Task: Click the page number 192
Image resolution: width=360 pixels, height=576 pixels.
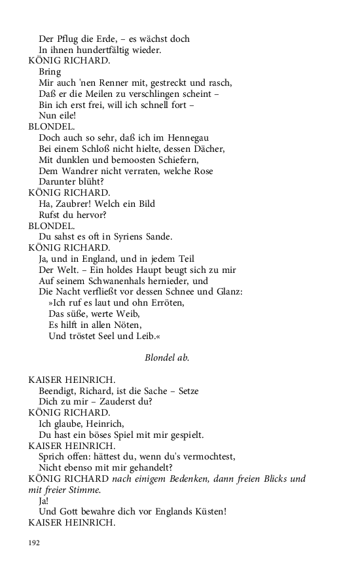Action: tap(35, 542)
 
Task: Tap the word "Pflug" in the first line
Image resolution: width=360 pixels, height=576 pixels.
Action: tap(67, 39)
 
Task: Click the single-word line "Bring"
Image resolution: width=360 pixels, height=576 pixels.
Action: tap(50, 72)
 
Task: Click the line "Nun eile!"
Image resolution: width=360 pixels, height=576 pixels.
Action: tap(58, 116)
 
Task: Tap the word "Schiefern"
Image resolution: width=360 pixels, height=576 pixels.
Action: tap(171, 160)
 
